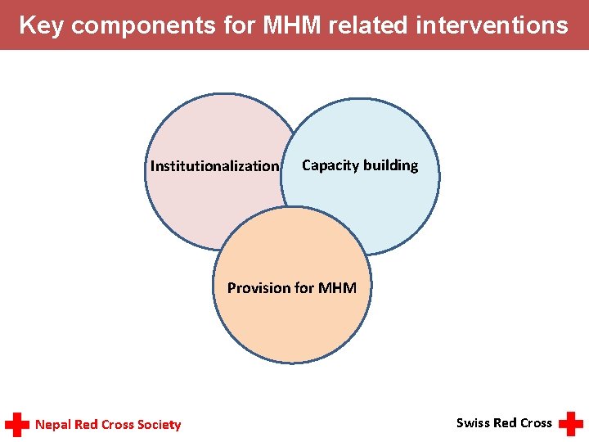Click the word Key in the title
pyautogui.click(x=42, y=25)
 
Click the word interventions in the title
pyautogui.click(x=492, y=25)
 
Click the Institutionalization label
pyautogui.click(x=214, y=166)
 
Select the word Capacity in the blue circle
pyautogui.click(x=330, y=165)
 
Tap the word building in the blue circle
pyautogui.click(x=390, y=165)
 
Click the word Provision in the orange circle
pyautogui.click(x=259, y=288)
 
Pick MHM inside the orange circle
pyautogui.click(x=337, y=288)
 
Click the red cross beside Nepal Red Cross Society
pyautogui.click(x=17, y=424)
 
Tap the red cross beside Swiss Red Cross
pyautogui.click(x=570, y=423)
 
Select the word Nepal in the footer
pyautogui.click(x=53, y=424)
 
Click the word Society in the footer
pyautogui.click(x=159, y=424)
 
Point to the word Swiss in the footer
pyautogui.click(x=473, y=422)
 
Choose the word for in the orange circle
pyautogui.click(x=304, y=288)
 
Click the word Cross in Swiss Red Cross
pyautogui.click(x=536, y=422)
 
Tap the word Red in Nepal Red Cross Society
pyautogui.click(x=86, y=424)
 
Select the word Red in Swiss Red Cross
pyautogui.click(x=505, y=422)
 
